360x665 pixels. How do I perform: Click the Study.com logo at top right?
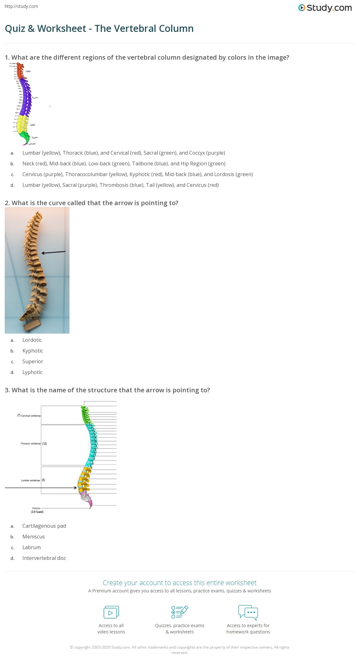point(325,8)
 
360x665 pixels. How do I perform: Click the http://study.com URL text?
point(21,6)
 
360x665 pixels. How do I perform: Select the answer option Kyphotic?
point(33,351)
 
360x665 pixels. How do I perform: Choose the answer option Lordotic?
point(32,340)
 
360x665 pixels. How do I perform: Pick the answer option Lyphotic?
point(32,372)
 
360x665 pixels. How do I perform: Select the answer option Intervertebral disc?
point(44,558)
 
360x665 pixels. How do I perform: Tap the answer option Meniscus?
point(33,537)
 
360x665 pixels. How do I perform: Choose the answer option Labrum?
point(32,547)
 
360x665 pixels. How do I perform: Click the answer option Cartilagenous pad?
point(44,526)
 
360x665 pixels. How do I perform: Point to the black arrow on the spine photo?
point(53,252)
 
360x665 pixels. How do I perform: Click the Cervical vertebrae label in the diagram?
point(29,416)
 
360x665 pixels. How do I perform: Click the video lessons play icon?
point(111,612)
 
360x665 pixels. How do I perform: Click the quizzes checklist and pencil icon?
point(180,612)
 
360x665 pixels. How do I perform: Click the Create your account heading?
point(180,583)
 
